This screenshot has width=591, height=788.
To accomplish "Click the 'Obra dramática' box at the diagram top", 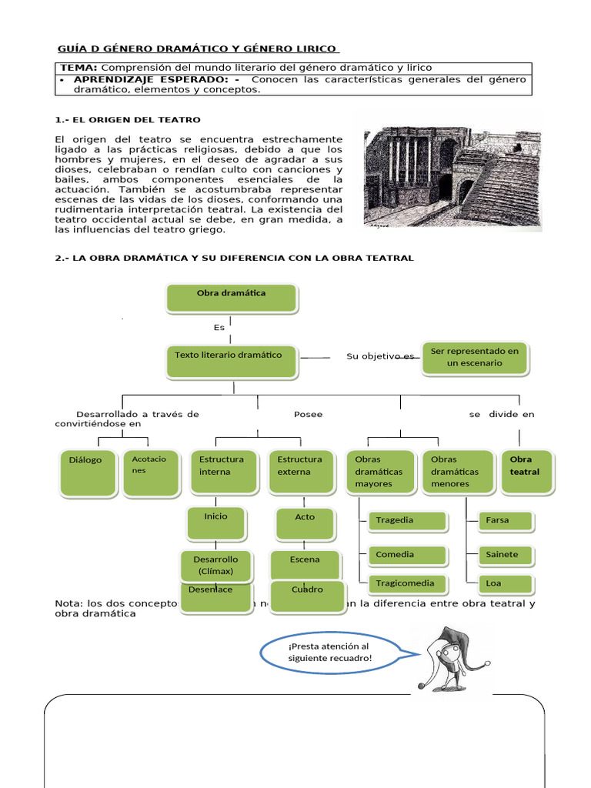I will (232, 298).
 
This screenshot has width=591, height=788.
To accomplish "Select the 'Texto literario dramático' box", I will (232, 362).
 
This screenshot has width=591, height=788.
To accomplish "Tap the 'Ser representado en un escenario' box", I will (475, 358).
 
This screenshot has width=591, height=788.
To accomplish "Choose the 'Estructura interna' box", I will (222, 472).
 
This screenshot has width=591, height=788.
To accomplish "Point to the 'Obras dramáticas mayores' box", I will (379, 472).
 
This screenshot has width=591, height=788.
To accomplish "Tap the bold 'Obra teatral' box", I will (528, 471).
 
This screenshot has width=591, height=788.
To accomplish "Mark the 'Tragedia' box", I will (408, 521).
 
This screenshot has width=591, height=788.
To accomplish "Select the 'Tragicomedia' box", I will (408, 583).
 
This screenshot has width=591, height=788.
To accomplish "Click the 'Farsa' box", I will (506, 521).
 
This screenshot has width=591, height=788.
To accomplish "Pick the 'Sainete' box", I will (506, 555).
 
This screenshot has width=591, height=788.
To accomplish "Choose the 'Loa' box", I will (506, 584).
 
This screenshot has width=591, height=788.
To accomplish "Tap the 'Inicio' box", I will (216, 523).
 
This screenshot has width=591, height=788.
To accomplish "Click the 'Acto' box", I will (306, 523).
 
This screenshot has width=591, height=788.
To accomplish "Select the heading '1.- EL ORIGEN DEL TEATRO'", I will (128, 120).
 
